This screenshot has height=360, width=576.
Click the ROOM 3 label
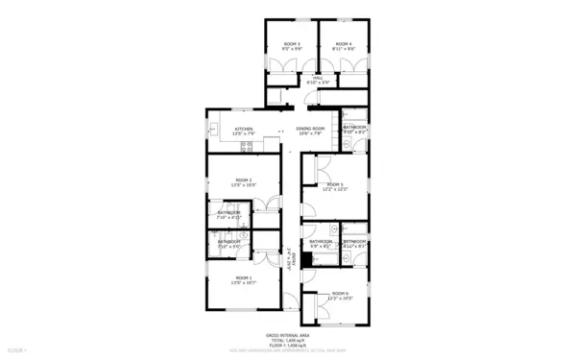click(292, 43)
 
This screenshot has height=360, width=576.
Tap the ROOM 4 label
click(344, 43)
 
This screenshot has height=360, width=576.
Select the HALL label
click(317, 78)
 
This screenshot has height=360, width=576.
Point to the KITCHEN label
click(243, 129)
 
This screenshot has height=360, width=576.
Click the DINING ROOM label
click(310, 129)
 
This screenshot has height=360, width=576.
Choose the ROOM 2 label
click(243, 180)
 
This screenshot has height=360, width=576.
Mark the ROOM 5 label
click(334, 184)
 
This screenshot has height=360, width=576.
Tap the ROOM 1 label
click(243, 277)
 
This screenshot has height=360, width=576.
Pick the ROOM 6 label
click(340, 293)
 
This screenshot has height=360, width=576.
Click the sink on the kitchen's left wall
click(213, 127)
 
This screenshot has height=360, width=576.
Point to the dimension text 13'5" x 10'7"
click(243, 283)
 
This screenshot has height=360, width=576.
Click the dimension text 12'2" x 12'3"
click(334, 190)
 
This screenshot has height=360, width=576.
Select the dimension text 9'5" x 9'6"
click(292, 49)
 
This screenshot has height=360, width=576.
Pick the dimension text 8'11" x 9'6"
click(344, 49)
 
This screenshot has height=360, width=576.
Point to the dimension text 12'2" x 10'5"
click(340, 299)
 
